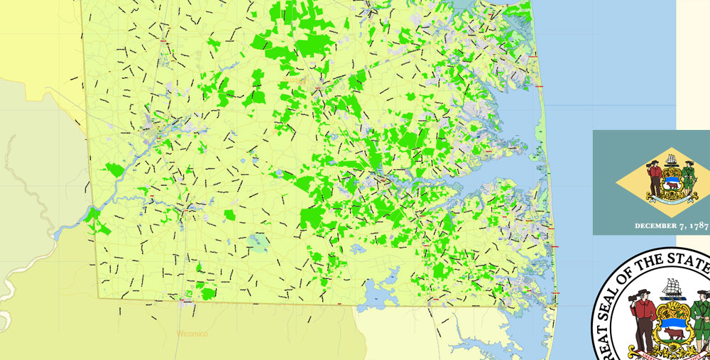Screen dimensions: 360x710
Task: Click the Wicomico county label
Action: coord(191,332)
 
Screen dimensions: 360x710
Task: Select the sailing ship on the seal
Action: coord(672,287)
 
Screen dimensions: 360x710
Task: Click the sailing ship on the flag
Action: coord(671,154)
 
